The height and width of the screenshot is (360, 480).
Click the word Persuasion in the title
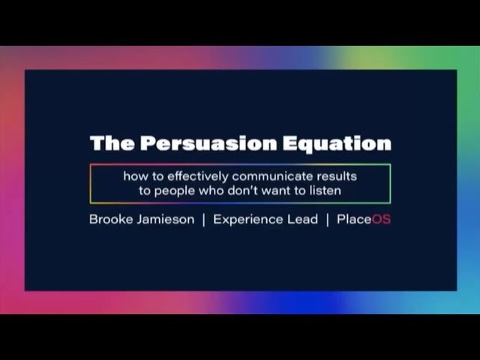point(208,143)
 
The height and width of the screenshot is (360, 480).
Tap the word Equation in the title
point(337,144)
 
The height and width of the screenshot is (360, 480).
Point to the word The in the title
point(112,143)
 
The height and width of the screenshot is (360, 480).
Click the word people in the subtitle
point(175,191)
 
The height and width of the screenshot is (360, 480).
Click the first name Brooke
point(111,220)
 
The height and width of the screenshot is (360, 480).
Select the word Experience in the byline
point(248,220)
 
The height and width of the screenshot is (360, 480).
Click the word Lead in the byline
point(302,220)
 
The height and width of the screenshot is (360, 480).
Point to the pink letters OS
point(382,220)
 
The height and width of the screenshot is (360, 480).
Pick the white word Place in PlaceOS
point(354,220)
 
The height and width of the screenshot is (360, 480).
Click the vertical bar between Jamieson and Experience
point(204,220)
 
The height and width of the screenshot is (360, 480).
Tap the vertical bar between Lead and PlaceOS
point(328,220)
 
